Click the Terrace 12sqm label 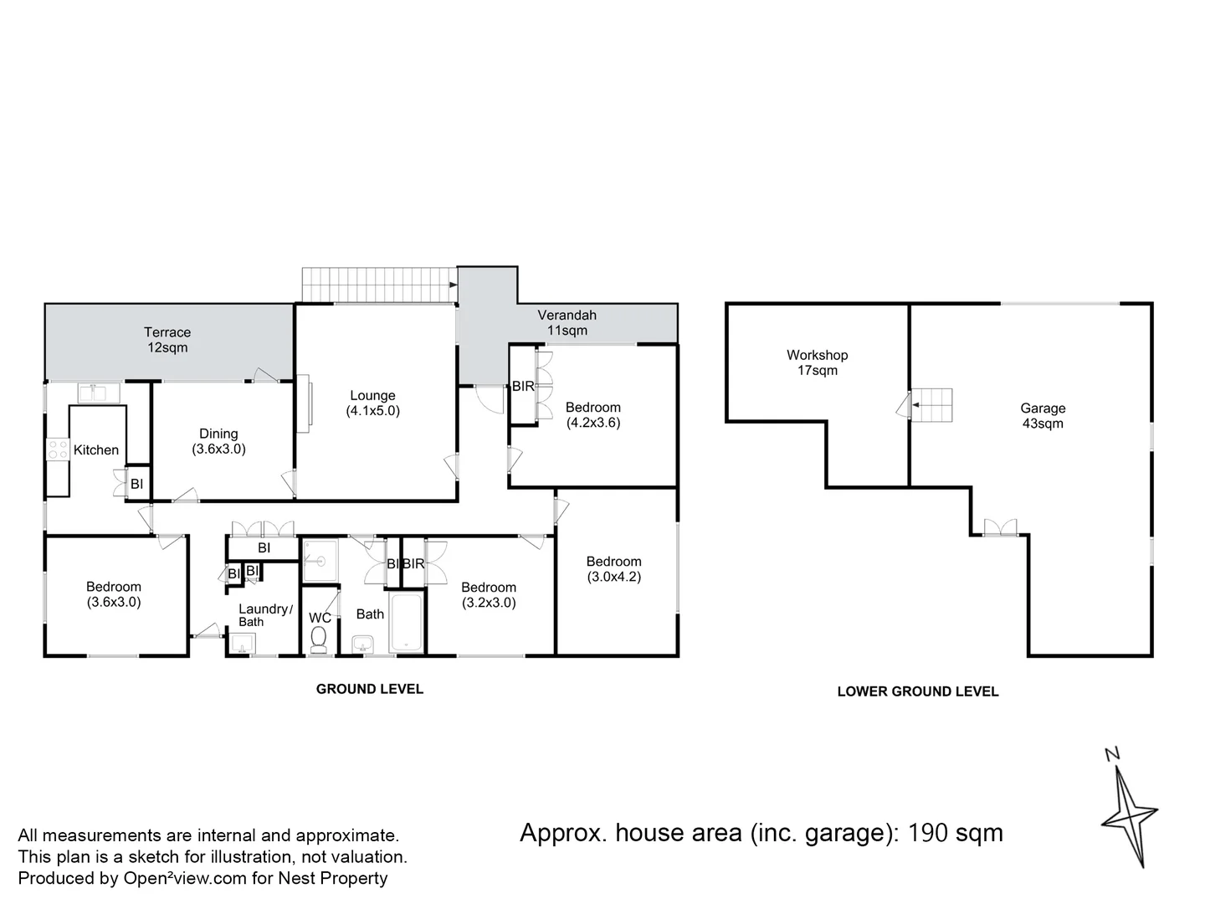[167, 340]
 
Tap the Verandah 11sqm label [567, 323]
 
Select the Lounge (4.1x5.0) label [372, 403]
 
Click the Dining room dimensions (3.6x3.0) [218, 449]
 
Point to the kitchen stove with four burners [57, 449]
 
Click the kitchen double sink [100, 392]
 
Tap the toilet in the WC [319, 639]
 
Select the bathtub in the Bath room [408, 622]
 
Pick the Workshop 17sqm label [817, 362]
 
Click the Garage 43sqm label [1043, 416]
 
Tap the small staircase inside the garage [932, 406]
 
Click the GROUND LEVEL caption [369, 689]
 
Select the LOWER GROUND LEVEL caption [917, 691]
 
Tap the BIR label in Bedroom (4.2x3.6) [523, 387]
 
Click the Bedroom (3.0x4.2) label [613, 569]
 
